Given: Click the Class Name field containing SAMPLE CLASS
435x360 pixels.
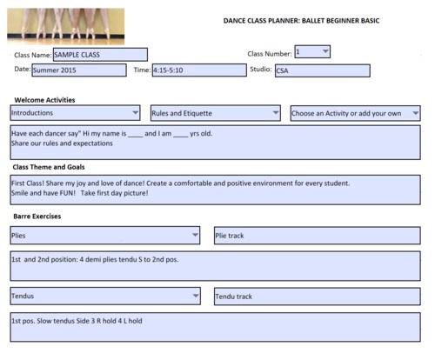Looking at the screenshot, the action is [x=99, y=55].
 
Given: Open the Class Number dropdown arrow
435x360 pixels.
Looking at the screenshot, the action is [x=325, y=51].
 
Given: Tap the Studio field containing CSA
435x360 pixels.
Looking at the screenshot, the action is [x=321, y=71].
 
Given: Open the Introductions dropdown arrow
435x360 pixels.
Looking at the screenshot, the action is [x=134, y=113].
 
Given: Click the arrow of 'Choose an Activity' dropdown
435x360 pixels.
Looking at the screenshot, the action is [x=415, y=113].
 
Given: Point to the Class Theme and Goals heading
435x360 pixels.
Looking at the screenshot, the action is [x=49, y=167].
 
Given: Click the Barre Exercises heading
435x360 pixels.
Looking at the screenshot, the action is [x=37, y=216].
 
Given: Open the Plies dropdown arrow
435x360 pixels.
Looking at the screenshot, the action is [x=194, y=235].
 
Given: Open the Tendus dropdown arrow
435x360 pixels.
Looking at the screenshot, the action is [x=194, y=296].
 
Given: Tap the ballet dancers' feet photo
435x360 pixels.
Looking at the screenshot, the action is [x=65, y=26].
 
